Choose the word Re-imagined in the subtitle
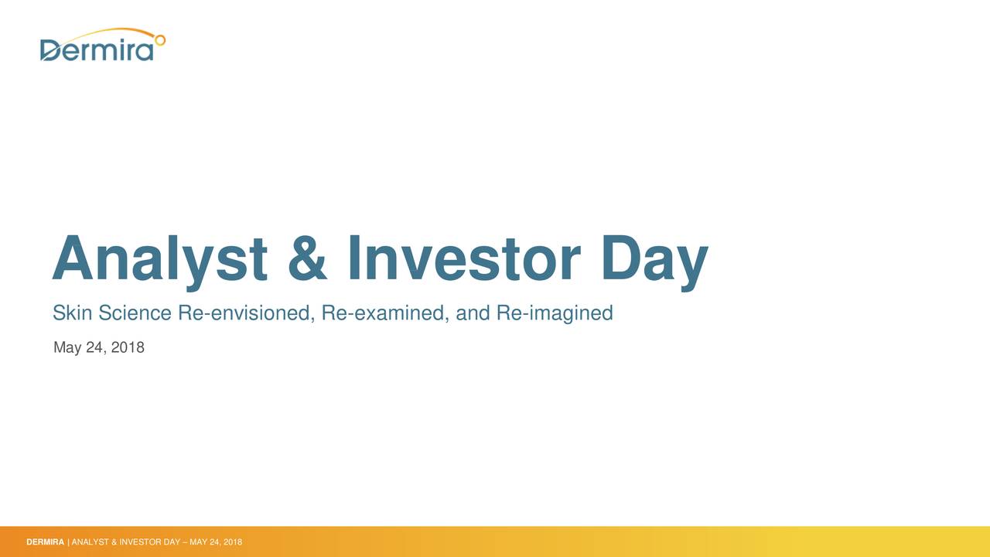coord(555,313)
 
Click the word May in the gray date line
coord(67,348)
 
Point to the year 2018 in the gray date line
coord(128,347)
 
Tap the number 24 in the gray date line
coord(95,347)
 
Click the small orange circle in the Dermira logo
coord(160,38)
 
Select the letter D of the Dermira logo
coord(50,50)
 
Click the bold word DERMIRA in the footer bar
coord(45,542)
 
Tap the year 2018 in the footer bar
coord(233,542)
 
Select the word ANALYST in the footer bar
coord(90,542)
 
